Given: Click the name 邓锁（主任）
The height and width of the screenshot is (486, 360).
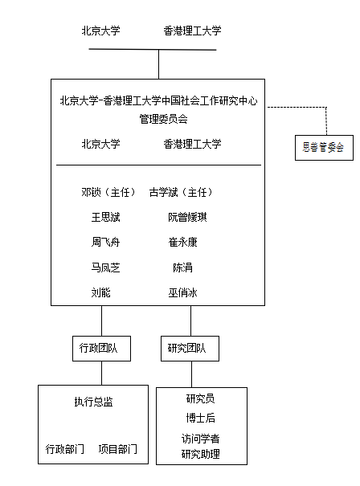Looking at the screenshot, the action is (x=108, y=192).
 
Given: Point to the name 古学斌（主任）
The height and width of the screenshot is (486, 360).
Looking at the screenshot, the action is (x=181, y=192).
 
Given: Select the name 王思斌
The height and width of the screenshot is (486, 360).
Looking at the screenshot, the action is (x=105, y=217).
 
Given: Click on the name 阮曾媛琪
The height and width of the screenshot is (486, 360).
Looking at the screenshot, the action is (x=187, y=217).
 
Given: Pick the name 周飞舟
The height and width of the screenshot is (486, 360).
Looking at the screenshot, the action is (x=105, y=242).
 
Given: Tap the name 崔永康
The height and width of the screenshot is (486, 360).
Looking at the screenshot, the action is (x=182, y=242).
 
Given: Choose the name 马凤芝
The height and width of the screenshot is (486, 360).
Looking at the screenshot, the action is (x=105, y=268).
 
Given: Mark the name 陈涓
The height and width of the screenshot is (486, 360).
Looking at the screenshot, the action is (x=182, y=268).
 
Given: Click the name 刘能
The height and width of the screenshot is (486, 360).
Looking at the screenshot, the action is (x=100, y=292).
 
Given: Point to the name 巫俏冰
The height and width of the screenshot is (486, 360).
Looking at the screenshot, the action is (x=182, y=292).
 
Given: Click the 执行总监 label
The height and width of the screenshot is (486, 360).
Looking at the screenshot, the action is (x=93, y=402).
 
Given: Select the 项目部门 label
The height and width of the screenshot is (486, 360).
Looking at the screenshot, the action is (x=117, y=449).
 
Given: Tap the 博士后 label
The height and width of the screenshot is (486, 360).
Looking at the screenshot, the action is (x=200, y=418).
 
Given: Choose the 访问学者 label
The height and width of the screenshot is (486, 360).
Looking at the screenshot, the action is (x=200, y=439).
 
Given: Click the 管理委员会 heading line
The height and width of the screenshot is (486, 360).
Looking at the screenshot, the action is (x=163, y=119).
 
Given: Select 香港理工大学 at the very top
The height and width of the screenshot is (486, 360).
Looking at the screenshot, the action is (x=192, y=31).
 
